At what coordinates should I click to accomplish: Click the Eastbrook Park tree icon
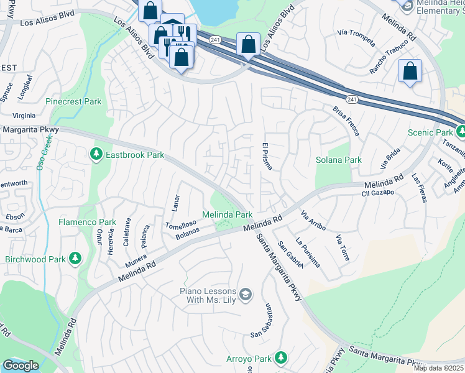[x=96, y=154]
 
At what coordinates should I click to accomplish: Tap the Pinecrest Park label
[x=73, y=101]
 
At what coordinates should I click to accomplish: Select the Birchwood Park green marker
[x=75, y=257]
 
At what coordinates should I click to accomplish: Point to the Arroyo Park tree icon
[x=281, y=357]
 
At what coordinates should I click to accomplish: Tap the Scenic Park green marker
[x=461, y=132]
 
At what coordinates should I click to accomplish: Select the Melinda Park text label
[x=227, y=214]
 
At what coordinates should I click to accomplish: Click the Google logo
[x=20, y=366]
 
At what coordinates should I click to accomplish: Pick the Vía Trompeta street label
[x=356, y=37]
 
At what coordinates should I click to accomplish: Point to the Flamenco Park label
[x=87, y=222]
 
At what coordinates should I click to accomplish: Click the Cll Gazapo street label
[x=379, y=194]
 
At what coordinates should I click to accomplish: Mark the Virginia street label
[x=24, y=116]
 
